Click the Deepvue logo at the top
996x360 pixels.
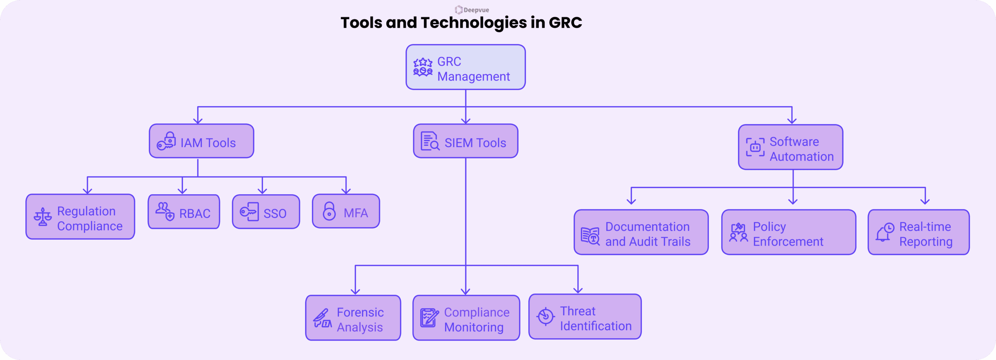tap(472, 10)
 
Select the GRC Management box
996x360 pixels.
tap(465, 67)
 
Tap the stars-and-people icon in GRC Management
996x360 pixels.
tap(423, 67)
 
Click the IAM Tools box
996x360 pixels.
tap(201, 141)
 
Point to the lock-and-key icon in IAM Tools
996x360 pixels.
tap(166, 141)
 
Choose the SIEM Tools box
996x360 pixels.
tap(465, 141)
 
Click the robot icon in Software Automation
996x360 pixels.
tap(755, 148)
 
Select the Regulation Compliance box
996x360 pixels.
tap(80, 217)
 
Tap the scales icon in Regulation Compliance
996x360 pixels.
tap(42, 217)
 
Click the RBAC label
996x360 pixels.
tap(195, 214)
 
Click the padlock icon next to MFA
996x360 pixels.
tap(329, 211)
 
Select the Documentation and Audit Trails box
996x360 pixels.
tap(641, 232)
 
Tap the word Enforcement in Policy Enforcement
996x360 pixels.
tap(788, 242)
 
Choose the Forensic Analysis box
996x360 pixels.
tap(353, 318)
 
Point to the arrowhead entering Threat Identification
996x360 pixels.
tap(578, 290)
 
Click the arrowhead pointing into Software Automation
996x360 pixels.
tap(792, 121)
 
